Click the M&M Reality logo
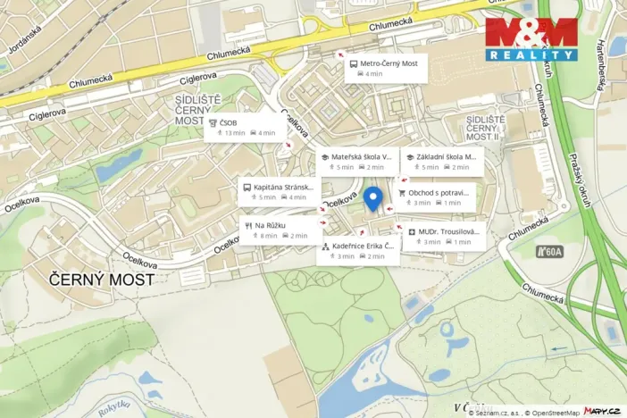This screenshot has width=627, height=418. pos(531,39)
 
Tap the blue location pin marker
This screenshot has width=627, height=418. pos(375,199)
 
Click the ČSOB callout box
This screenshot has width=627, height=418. pos(246,128)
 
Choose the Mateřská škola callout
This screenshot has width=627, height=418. pos(356,162)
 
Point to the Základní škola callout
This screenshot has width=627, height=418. pos(442,162)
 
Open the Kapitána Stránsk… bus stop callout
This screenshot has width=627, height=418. pos(279,192)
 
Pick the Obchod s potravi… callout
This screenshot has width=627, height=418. pos(436,197)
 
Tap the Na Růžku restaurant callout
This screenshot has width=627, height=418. pos(280,230)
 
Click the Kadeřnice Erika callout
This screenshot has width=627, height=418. pos(358,251)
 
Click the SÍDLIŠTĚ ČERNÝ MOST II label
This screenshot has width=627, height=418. pos(486,128)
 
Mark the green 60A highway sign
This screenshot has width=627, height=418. pos(549,252)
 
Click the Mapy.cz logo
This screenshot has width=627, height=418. pos(602,410)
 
